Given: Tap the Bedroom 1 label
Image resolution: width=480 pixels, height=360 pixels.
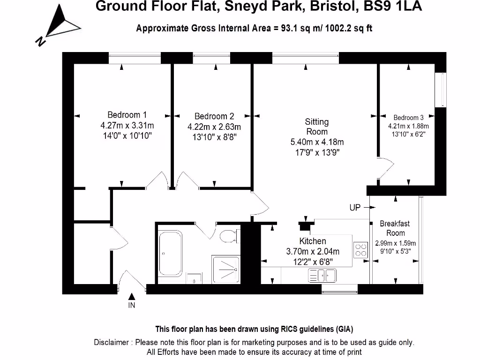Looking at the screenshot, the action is pyautogui.click(x=127, y=115).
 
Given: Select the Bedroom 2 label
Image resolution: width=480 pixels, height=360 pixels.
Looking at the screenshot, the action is pyautogui.click(x=214, y=116).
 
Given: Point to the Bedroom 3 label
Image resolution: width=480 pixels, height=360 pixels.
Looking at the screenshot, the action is pyautogui.click(x=408, y=118).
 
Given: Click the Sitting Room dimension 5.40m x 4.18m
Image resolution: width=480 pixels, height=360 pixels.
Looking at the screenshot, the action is pyautogui.click(x=317, y=142).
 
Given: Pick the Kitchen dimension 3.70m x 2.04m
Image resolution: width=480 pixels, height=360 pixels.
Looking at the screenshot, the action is pyautogui.click(x=313, y=252).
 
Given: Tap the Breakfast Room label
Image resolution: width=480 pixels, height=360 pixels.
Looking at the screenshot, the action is pyautogui.click(x=395, y=228).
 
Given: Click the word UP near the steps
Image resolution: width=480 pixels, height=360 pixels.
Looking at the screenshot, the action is pyautogui.click(x=355, y=208).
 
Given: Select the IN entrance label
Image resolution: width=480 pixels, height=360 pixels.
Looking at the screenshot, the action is pyautogui.click(x=132, y=305).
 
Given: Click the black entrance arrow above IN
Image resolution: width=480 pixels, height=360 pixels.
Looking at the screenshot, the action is pyautogui.click(x=132, y=296).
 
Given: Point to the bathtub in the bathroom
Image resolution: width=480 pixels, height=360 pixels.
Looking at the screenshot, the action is pyautogui.click(x=170, y=254).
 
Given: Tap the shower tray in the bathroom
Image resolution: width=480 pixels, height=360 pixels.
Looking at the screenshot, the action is pyautogui.click(x=225, y=270).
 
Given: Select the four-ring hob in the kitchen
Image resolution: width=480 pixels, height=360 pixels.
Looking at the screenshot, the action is pyautogui.click(x=360, y=250).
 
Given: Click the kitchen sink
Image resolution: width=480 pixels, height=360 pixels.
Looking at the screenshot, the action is pyautogui.click(x=322, y=275).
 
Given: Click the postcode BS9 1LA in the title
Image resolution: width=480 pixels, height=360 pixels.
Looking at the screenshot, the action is pyautogui.click(x=393, y=6).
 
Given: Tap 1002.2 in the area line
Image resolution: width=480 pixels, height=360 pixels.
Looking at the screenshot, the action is pyautogui.click(x=338, y=29).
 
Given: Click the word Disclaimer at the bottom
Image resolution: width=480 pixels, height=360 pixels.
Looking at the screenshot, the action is pyautogui.click(x=112, y=342).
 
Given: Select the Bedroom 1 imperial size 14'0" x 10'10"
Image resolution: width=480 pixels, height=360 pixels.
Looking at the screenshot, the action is pyautogui.click(x=127, y=135).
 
